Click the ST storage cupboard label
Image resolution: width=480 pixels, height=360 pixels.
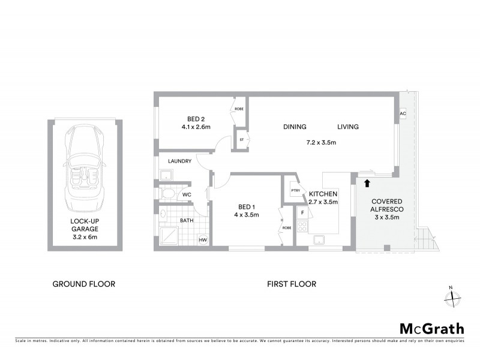[x=241, y=140]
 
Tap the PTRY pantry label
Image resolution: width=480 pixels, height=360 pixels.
[x=295, y=191]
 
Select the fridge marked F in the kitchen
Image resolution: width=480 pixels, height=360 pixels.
[x=302, y=213]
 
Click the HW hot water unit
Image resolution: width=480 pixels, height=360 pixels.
[x=203, y=239]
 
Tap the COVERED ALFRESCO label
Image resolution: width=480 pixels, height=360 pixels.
[x=386, y=205]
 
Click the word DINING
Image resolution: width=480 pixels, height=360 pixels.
[x=295, y=127]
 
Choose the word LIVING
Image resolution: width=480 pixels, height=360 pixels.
[x=347, y=127]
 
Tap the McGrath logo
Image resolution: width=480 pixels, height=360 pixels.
[x=431, y=328]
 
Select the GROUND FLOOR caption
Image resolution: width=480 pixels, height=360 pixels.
[x=84, y=284]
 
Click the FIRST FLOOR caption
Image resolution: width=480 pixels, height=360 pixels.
[x=292, y=284]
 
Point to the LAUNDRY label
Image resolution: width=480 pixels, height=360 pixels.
[x=179, y=161]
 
